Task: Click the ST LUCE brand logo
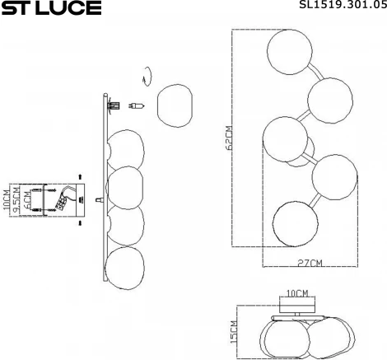pos(51,9)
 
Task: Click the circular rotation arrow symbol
pos(146,73)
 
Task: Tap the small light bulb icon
pos(141,105)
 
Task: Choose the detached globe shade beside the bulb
pos(173,105)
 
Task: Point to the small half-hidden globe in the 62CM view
pos(301,152)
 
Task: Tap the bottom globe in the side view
pos(124,265)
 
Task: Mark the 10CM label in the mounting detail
pos(7,200)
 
